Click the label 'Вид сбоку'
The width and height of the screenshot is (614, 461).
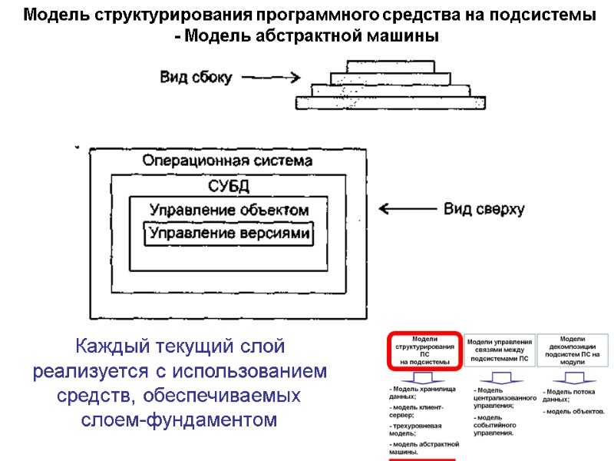point(195,77)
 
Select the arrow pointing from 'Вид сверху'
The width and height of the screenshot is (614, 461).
point(407,209)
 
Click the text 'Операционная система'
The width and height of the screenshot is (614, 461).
point(227,161)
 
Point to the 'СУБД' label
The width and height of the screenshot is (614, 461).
point(229,186)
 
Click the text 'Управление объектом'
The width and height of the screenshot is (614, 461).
point(229,210)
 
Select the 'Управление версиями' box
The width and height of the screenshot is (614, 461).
point(229,234)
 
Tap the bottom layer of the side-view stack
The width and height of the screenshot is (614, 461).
point(391,102)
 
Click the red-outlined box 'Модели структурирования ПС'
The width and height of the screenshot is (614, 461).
point(424,350)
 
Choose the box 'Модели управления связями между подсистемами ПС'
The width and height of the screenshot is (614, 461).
point(499,350)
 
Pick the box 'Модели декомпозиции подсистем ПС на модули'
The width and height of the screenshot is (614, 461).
point(573,350)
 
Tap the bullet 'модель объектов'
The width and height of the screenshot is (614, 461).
point(574,412)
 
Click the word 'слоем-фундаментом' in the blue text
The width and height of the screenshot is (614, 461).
point(179,420)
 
